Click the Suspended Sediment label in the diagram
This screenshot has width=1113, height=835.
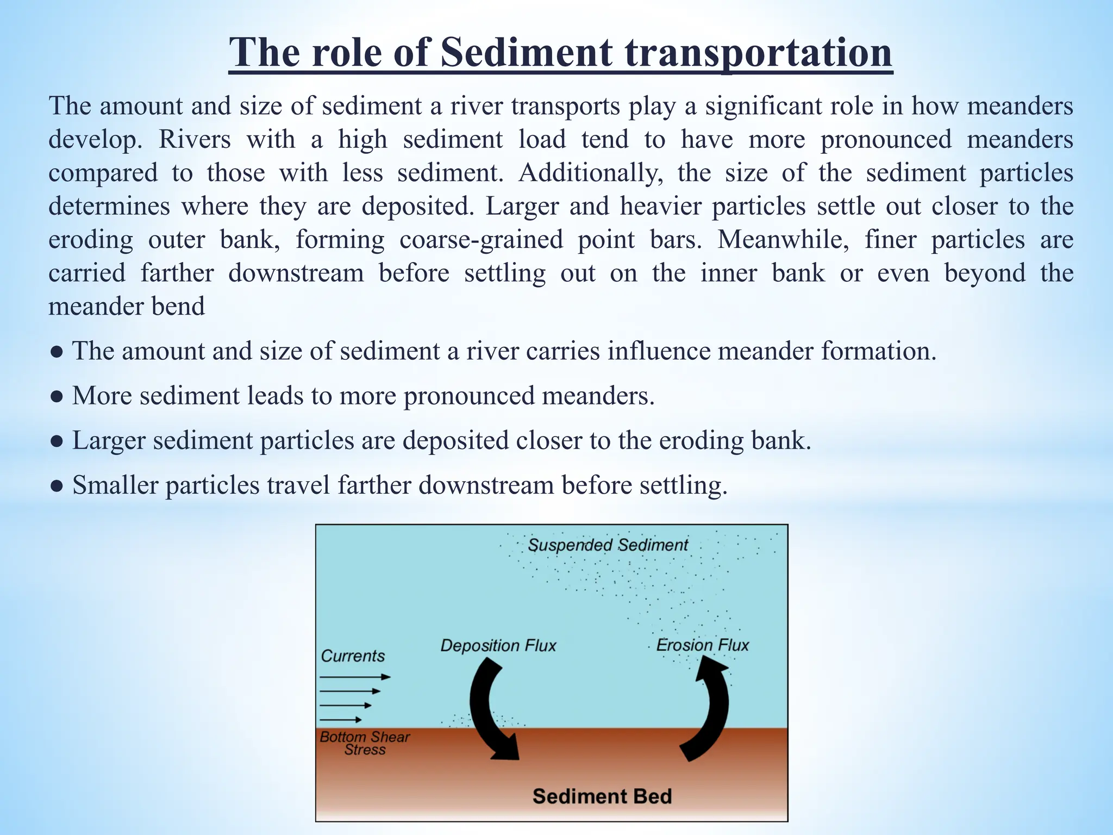(x=608, y=545)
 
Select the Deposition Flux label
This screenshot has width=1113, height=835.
(x=498, y=645)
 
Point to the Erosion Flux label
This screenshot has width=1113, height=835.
(x=702, y=645)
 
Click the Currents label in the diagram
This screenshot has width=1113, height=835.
(x=353, y=656)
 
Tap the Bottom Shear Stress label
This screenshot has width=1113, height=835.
(x=365, y=743)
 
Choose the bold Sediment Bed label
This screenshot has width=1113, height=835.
(x=602, y=796)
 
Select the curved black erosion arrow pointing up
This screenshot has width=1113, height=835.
(x=709, y=707)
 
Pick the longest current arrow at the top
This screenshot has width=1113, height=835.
(x=355, y=677)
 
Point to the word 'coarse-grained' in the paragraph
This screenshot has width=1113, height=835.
(x=481, y=240)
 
